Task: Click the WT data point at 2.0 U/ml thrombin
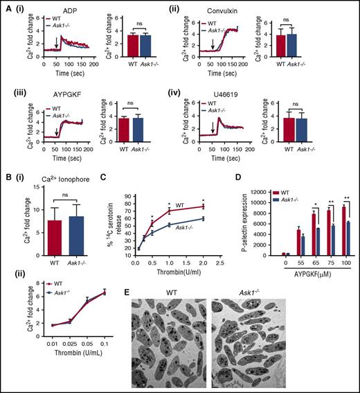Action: click(x=203, y=207)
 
